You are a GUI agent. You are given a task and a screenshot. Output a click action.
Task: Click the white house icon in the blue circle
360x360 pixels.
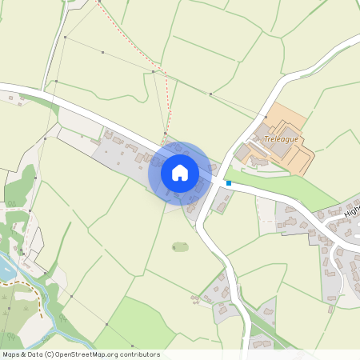(x=180, y=172)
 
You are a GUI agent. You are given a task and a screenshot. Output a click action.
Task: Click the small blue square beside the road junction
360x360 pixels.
(x=229, y=183)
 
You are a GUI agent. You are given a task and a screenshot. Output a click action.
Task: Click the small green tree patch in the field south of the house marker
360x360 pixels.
(x=181, y=246)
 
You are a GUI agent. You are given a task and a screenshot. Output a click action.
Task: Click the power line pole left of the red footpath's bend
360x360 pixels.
(x=153, y=73)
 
